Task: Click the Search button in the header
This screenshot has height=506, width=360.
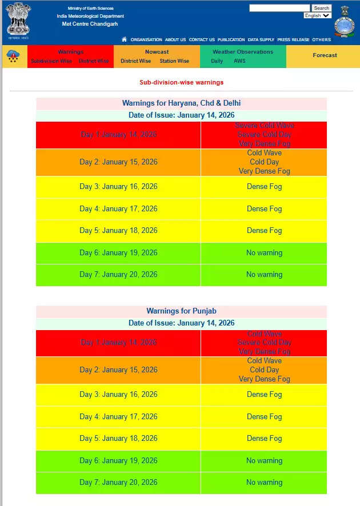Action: (x=321, y=8)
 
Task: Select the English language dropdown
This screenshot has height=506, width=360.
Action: (x=317, y=15)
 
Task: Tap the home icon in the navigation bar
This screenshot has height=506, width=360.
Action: (x=125, y=39)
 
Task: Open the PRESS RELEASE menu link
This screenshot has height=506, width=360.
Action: (x=293, y=40)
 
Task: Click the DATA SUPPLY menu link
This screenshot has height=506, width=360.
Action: (x=261, y=40)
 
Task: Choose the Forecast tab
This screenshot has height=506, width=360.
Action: (x=325, y=55)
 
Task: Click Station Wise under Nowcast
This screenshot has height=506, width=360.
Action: (x=174, y=61)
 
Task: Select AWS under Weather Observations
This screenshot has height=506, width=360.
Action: (x=239, y=61)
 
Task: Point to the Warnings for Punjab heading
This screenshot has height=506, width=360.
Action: (x=181, y=311)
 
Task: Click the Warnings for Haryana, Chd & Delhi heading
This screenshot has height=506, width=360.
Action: (x=181, y=103)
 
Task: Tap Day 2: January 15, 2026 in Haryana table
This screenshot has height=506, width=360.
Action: (x=118, y=162)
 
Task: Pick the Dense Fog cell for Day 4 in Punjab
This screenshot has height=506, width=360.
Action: (x=264, y=417)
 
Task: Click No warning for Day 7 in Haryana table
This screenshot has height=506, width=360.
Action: (x=264, y=275)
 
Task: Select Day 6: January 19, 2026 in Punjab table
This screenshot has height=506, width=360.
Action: (x=118, y=461)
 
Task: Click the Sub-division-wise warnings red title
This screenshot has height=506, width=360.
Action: (x=181, y=82)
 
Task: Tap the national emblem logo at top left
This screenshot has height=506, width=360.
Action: (x=19, y=21)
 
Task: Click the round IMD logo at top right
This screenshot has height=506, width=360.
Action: (x=344, y=26)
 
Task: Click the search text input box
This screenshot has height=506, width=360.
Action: (x=279, y=8)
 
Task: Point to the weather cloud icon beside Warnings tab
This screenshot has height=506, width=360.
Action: (x=13, y=56)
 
